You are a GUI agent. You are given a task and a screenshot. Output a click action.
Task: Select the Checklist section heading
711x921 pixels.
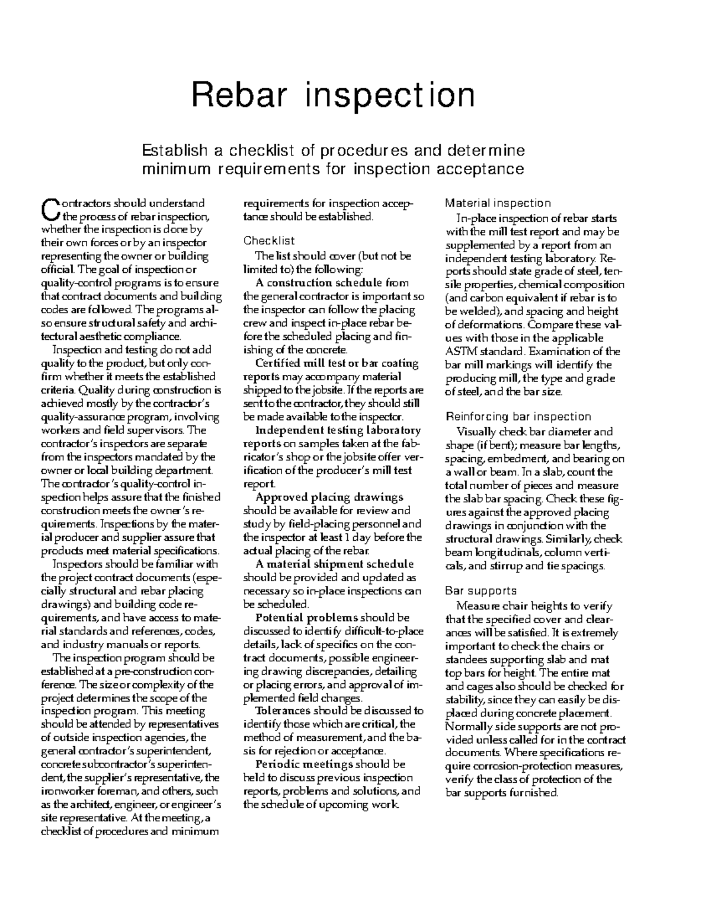[269, 241]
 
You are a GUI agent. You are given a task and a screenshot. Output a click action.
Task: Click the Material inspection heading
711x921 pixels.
[498, 203]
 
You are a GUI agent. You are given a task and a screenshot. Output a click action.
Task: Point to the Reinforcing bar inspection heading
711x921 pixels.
[518, 416]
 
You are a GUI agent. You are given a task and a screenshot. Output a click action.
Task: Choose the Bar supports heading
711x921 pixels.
[481, 591]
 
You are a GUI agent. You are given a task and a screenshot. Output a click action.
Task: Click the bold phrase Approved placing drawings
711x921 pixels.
[329, 497]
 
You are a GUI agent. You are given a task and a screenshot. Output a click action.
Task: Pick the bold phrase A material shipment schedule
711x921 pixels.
[334, 564]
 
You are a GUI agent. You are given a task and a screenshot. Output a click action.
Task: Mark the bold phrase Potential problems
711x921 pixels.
[306, 617]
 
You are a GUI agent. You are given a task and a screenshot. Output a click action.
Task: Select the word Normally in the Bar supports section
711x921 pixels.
[467, 726]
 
